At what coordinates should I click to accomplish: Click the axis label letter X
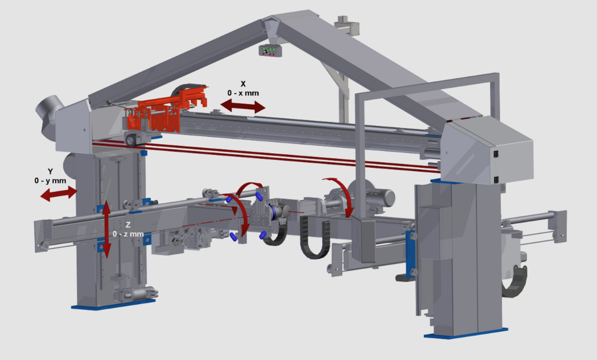(243, 84)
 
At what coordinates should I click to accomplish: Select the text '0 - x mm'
(243, 93)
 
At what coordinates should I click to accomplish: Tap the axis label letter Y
(50, 171)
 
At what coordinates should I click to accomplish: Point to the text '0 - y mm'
(50, 181)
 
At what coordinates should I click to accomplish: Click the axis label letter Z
(128, 225)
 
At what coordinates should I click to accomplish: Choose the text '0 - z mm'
(128, 234)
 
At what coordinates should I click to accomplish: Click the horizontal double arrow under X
(243, 105)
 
